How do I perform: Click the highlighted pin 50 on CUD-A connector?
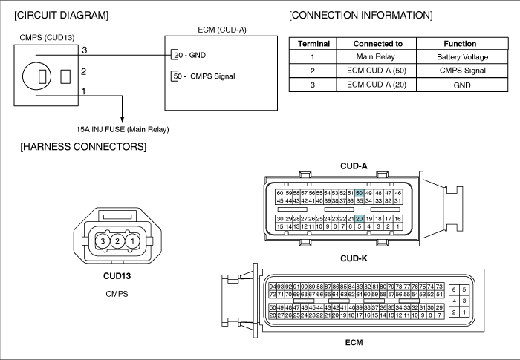click(x=359, y=193)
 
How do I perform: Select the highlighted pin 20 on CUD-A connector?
click(x=359, y=219)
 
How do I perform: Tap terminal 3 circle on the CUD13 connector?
click(x=103, y=241)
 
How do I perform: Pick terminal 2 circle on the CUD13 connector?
click(x=117, y=241)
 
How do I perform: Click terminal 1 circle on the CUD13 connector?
click(x=132, y=241)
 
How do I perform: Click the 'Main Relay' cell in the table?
click(x=376, y=56)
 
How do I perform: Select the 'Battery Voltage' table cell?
click(x=462, y=56)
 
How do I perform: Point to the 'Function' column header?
click(x=460, y=44)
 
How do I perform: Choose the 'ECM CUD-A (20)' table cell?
click(x=377, y=85)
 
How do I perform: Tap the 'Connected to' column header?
click(x=377, y=44)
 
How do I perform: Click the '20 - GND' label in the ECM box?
click(x=189, y=55)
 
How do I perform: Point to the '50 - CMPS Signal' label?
click(x=204, y=76)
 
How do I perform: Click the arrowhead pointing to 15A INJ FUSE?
click(x=122, y=120)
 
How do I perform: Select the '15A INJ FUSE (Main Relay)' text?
click(x=123, y=129)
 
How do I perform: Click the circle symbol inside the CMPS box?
click(x=36, y=76)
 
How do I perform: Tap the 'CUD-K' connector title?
click(x=354, y=258)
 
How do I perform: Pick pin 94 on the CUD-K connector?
click(x=273, y=287)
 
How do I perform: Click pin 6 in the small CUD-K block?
click(x=454, y=289)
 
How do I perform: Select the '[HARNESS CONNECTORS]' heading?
click(x=83, y=146)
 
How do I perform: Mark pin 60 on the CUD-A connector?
click(x=280, y=193)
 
